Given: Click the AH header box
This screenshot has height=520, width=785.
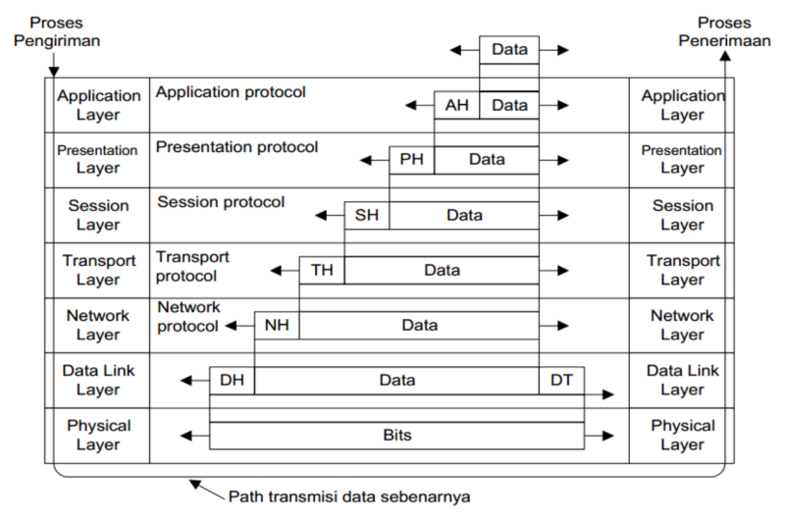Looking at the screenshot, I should coord(457,105).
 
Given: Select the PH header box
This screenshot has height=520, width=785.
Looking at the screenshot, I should coord(411,159).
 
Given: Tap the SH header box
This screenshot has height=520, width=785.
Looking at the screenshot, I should coord(366,214).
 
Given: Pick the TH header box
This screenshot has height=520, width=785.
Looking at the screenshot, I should coord(322,270).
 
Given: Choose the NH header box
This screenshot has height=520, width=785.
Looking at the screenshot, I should coord(277,325).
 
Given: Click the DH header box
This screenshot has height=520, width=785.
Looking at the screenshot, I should coord(232,380).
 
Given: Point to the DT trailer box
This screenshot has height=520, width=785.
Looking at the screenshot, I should coord(561,380).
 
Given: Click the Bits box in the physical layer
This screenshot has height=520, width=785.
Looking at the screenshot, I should coord(397,435).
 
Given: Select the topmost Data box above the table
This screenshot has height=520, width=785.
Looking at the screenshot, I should coord(509,49).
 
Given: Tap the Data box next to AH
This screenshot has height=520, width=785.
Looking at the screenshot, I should coord(509,105).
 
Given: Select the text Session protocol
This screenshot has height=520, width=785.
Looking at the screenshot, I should coord(221,203).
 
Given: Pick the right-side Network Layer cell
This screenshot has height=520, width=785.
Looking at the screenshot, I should coord(682,325).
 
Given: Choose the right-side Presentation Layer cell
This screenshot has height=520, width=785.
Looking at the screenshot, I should coord(682,159).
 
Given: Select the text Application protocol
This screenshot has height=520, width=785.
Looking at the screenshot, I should coord(231,92).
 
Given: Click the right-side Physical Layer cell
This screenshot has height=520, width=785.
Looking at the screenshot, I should coord(682,435).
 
